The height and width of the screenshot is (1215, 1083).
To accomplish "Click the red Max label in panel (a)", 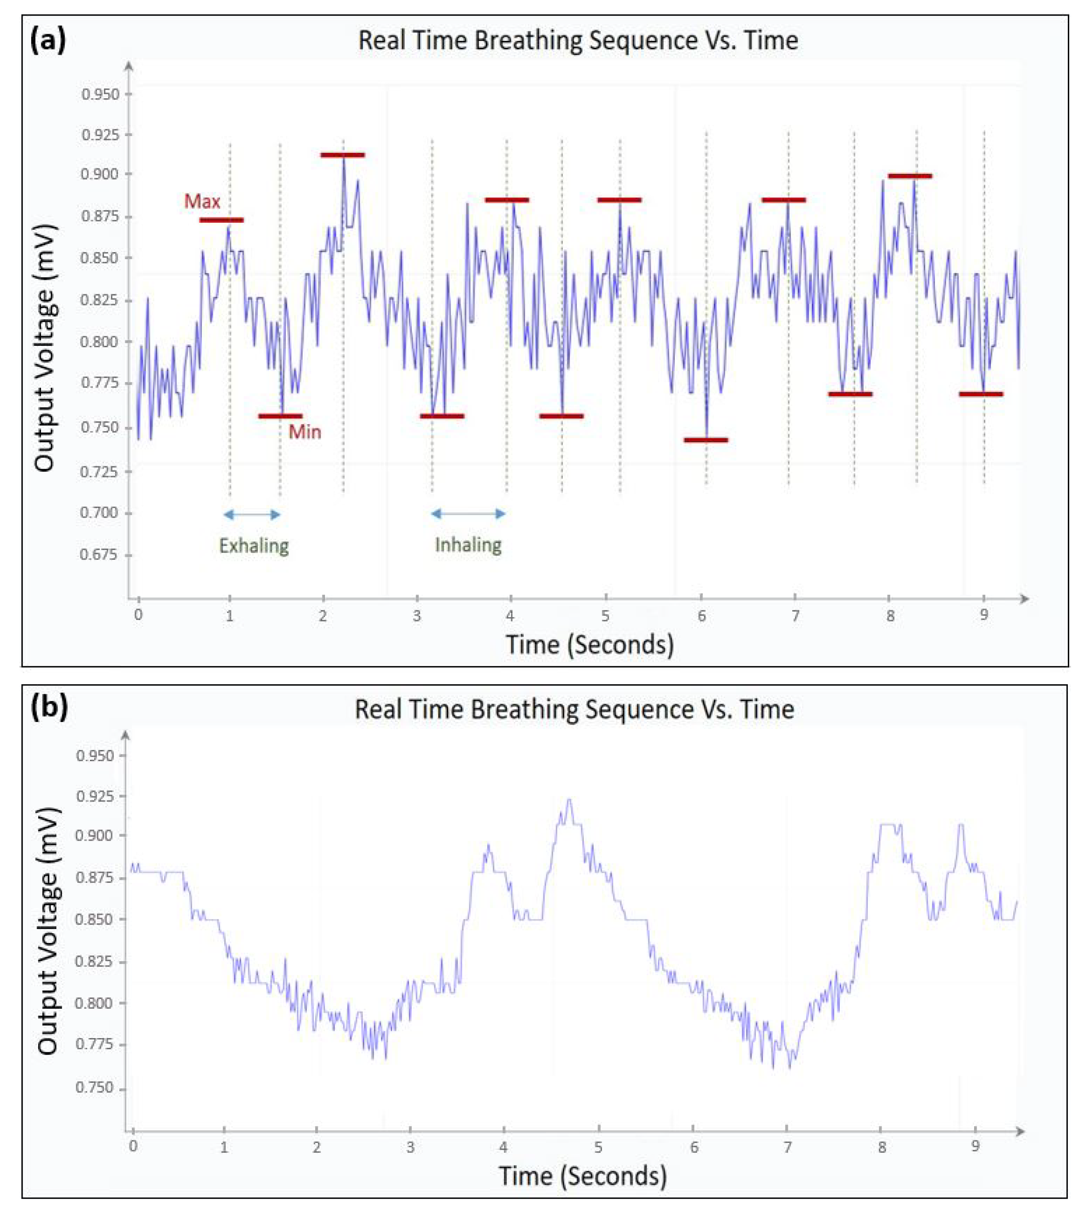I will point(202,202).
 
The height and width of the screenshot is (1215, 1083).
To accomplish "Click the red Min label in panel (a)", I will point(305,431).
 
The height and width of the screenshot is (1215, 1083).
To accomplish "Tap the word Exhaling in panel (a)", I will point(254,545).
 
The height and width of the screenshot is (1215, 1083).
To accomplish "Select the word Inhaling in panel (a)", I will point(468,545).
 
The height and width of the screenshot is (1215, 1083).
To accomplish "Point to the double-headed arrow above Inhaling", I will point(468,513).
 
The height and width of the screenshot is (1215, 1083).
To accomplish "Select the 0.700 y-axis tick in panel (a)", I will point(100,513).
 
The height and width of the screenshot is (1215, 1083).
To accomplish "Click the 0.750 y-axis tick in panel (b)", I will point(94,1088).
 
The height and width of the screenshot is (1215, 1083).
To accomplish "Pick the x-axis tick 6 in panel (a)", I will point(702,616).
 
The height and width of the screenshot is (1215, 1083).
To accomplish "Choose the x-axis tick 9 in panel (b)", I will point(975,1146).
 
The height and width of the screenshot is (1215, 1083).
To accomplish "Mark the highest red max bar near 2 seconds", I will point(342,155).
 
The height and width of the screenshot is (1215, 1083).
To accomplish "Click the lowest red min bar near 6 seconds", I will point(706,440).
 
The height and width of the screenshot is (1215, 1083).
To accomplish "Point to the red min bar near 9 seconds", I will point(981,394).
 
